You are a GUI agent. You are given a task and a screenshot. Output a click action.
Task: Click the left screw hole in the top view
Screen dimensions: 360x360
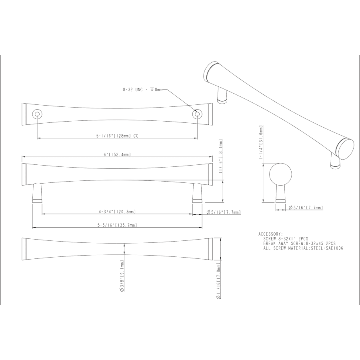(37, 115)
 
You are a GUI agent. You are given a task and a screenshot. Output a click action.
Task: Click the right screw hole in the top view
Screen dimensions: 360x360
(196, 115)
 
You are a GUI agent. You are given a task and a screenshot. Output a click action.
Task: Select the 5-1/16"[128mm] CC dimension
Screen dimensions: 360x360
(117, 136)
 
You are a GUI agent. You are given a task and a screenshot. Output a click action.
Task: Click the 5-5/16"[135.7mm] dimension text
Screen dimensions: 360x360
(117, 225)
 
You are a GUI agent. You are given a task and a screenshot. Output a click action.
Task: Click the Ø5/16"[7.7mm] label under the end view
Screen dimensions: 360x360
(306, 208)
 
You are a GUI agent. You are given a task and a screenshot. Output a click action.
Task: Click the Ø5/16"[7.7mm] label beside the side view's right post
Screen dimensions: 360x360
(224, 212)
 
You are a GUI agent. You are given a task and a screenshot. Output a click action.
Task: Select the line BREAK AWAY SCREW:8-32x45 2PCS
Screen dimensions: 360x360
(299, 243)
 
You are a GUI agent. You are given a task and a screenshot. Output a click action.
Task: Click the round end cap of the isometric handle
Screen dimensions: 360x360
(345, 148)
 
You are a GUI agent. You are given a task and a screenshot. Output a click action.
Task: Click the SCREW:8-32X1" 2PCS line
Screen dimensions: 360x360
(286, 238)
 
